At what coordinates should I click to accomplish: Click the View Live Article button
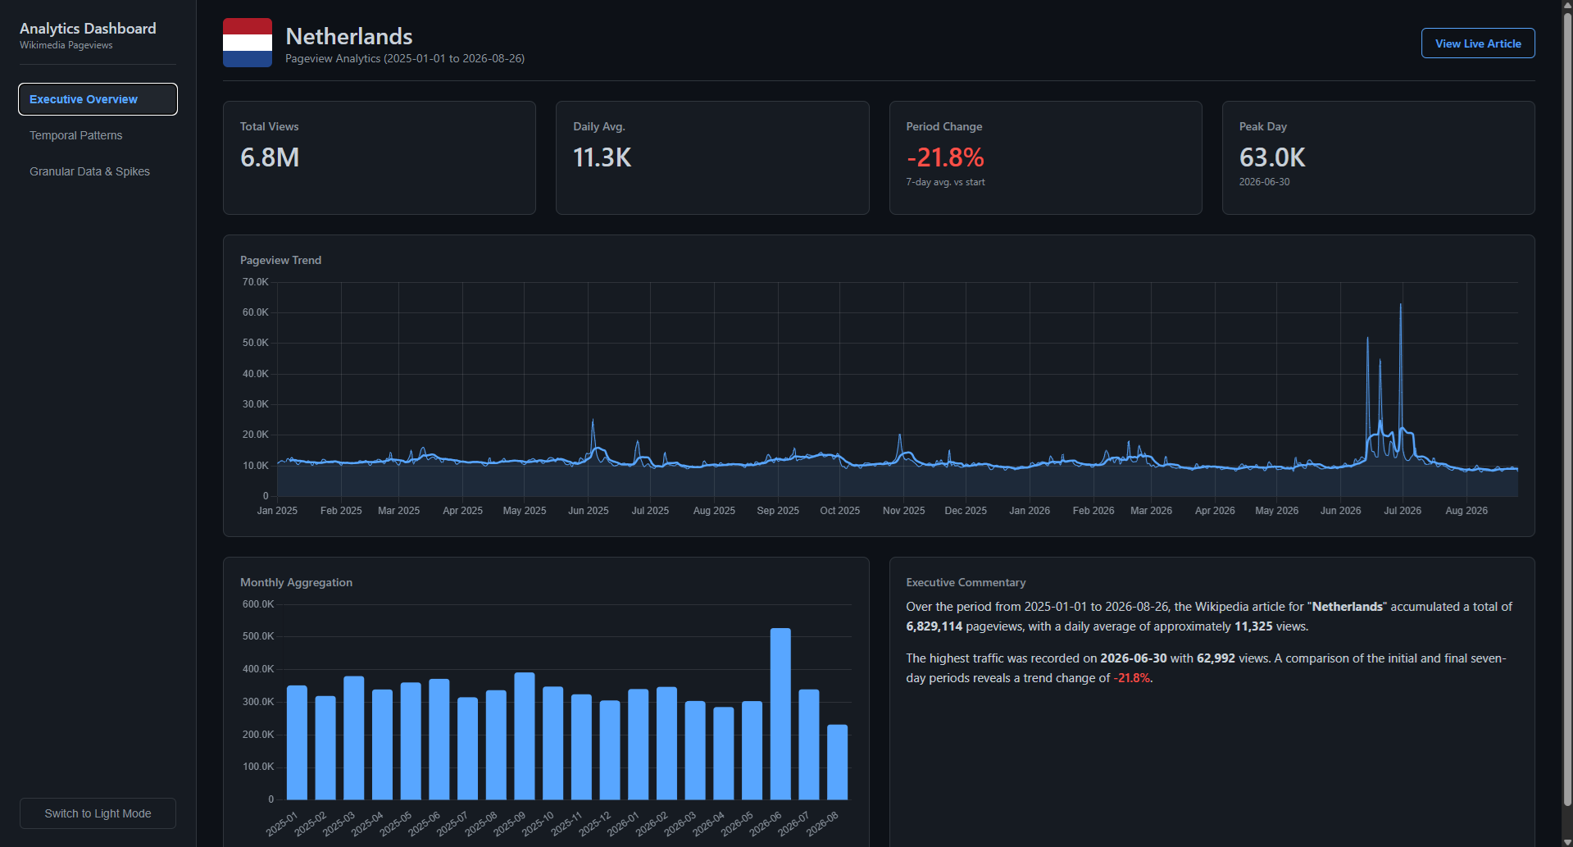point(1478,43)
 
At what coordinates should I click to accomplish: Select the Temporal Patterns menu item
point(75,135)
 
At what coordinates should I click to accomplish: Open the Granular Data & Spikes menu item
point(89,171)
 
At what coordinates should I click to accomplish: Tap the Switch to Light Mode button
point(98,813)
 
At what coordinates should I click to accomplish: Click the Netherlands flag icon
point(248,43)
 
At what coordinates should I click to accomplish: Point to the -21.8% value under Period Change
point(945,157)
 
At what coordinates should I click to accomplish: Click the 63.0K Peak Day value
point(1272,157)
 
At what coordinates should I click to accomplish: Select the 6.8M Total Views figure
point(270,157)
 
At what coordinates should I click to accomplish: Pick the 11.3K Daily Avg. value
point(602,157)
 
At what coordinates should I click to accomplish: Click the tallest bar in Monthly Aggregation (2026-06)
point(780,713)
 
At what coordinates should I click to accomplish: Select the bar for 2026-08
point(837,762)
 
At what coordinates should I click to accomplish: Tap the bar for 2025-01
point(297,742)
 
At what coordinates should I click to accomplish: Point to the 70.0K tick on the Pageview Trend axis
point(255,282)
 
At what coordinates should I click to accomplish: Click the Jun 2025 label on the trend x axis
point(588,511)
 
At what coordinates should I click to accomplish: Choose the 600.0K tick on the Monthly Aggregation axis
point(258,604)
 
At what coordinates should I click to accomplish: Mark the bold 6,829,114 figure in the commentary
point(934,626)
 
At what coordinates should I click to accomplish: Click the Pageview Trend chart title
point(280,260)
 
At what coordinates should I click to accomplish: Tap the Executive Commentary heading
point(966,582)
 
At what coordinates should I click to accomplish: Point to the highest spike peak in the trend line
point(1400,304)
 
